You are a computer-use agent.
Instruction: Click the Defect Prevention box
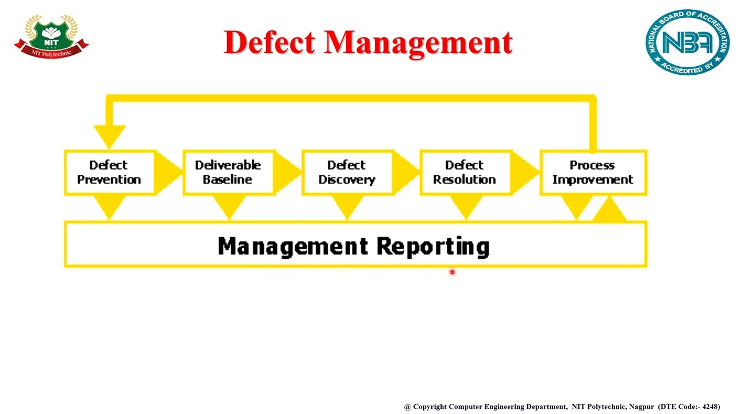(109, 172)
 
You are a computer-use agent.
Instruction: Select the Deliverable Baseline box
(228, 172)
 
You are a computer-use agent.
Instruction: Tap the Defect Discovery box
(346, 172)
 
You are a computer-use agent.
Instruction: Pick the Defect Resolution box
(464, 172)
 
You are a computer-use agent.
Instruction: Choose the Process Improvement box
(592, 172)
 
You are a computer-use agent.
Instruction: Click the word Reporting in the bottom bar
(432, 246)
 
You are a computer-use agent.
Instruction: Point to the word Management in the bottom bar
(293, 246)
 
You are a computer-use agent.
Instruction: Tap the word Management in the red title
(418, 43)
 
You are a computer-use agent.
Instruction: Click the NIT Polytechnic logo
(51, 36)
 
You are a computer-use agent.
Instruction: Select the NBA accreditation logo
(687, 42)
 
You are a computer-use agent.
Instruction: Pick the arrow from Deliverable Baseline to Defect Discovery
(287, 171)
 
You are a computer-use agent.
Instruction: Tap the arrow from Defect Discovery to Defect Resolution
(406, 171)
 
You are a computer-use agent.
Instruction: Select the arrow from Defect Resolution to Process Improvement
(525, 171)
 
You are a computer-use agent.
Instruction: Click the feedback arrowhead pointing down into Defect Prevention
(109, 136)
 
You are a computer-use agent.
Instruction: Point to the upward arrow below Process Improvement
(609, 210)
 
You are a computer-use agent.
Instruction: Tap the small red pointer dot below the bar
(452, 272)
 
